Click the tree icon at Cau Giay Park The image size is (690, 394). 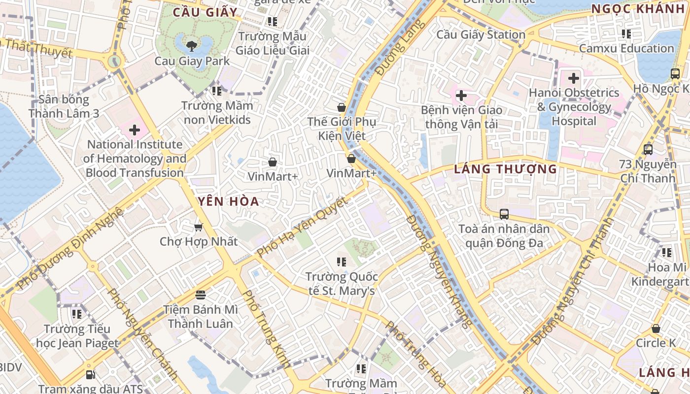191,46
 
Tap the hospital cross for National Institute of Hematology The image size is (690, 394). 135,131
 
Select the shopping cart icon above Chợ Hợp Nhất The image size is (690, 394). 199,227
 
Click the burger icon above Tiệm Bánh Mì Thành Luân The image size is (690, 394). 200,295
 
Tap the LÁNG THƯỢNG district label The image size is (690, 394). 505,169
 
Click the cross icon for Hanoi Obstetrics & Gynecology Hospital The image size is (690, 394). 574,78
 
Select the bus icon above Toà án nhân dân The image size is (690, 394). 504,214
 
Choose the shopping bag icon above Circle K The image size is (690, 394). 656,328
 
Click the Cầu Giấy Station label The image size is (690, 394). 481,34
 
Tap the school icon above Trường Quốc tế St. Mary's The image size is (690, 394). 341,262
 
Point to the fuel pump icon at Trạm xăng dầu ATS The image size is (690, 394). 90,375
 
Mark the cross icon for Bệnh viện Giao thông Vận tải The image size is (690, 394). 461,96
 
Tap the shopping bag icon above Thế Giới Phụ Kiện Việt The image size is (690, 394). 341,107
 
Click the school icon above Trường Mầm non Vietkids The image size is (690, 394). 217,91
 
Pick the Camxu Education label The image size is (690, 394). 626,48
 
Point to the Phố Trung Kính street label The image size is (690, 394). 267,329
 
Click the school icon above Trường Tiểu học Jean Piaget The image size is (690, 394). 77,314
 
